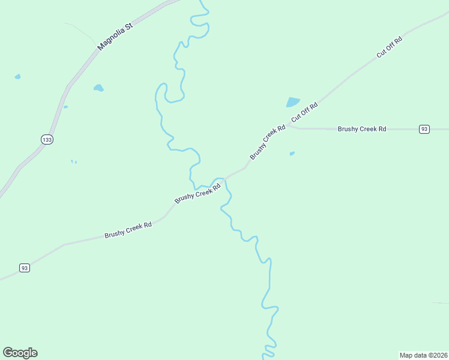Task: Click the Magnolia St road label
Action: tap(114, 37)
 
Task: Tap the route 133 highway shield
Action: tap(47, 139)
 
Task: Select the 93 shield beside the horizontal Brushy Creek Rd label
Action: tap(424, 129)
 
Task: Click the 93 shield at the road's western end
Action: tap(25, 268)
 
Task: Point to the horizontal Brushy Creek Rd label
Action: tap(361, 129)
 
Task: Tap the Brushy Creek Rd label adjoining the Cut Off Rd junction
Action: tap(268, 142)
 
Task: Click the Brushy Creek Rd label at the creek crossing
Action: tap(197, 193)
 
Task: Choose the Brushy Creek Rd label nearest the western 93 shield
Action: tap(128, 230)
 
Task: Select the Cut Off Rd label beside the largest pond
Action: tap(304, 112)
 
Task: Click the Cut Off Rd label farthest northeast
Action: tap(389, 47)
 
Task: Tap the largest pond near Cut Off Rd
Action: tap(293, 102)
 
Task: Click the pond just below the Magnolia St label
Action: tap(98, 88)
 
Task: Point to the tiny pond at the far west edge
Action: tap(17, 77)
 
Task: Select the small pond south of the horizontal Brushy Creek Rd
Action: tap(292, 154)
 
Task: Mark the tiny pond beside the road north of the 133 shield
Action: tap(65, 107)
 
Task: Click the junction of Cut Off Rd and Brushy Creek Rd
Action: tap(288, 125)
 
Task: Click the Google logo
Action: tap(20, 353)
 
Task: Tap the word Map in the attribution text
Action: tap(406, 355)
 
